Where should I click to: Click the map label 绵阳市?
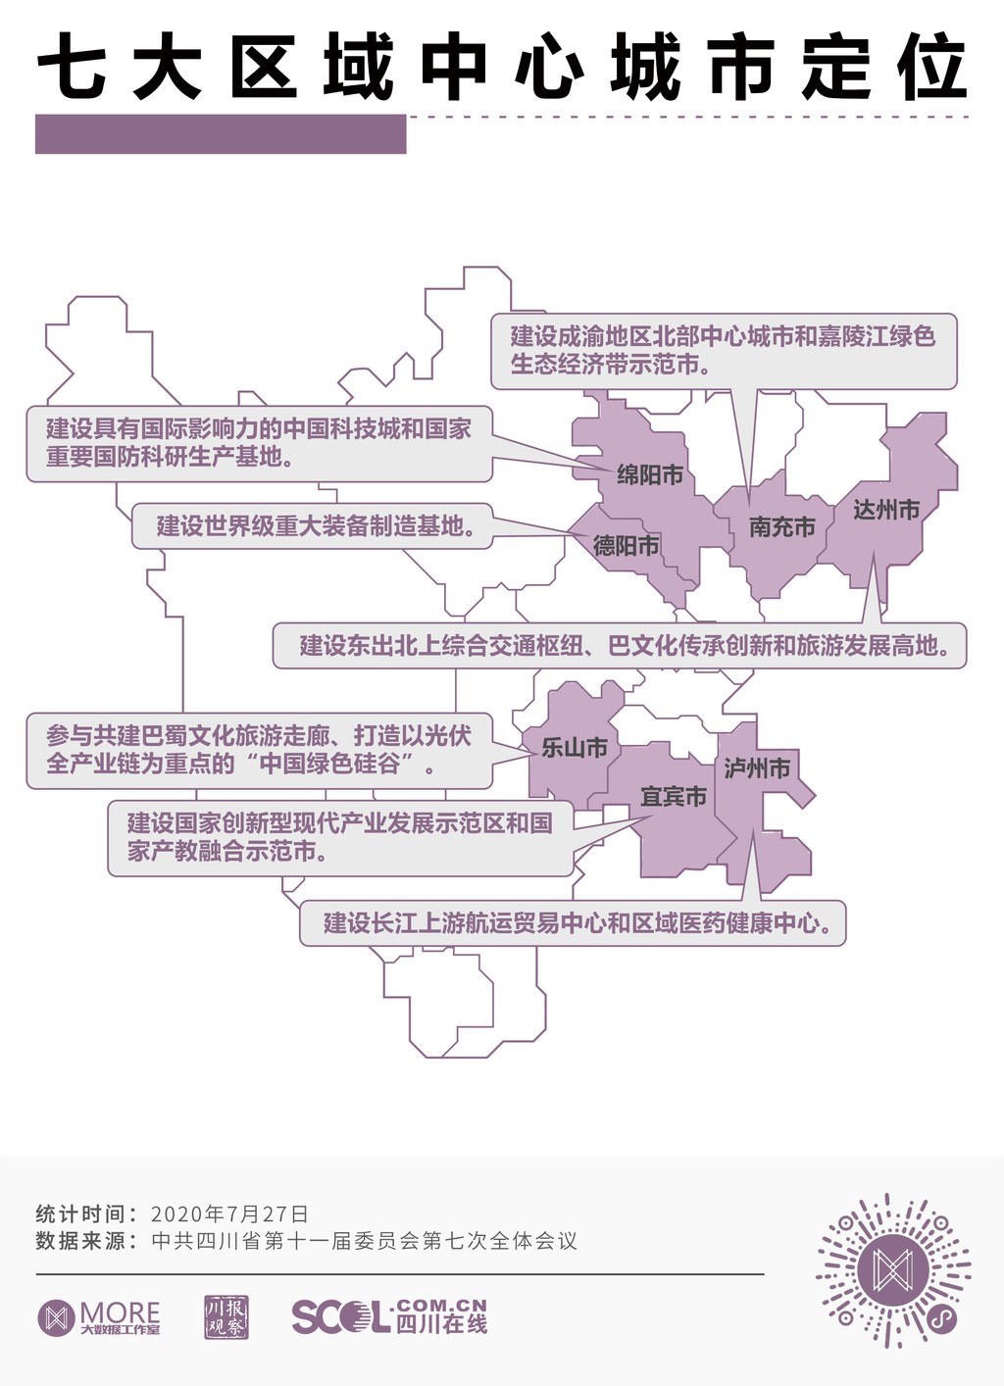click(649, 475)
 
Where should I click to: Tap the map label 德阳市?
click(626, 545)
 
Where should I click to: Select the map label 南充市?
click(781, 527)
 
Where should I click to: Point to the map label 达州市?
click(885, 510)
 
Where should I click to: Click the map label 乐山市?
click(575, 748)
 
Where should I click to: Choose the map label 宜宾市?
click(674, 797)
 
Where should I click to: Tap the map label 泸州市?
click(757, 768)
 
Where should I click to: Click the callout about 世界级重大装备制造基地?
click(312, 526)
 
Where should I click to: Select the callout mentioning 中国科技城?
click(259, 443)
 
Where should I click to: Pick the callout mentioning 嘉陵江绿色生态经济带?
click(723, 351)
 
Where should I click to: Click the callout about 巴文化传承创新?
click(619, 646)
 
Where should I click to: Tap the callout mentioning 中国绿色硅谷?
click(259, 750)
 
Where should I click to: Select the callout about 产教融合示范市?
click(339, 837)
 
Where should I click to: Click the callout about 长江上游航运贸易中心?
click(573, 923)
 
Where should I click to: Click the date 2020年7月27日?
click(230, 1213)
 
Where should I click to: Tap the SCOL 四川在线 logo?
click(389, 1316)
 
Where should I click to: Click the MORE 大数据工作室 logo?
click(99, 1317)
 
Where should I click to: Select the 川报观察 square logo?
click(226, 1316)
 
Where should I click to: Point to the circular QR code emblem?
click(893, 1270)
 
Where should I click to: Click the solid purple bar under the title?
click(221, 134)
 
